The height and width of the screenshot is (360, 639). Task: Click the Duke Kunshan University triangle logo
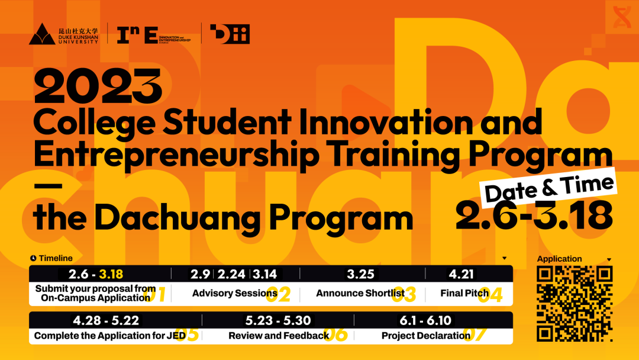42,35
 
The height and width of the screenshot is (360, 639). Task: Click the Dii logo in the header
230,34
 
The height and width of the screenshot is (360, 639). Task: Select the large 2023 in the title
98,86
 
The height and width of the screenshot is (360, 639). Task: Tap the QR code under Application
574,304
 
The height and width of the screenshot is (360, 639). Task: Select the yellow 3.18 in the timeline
111,274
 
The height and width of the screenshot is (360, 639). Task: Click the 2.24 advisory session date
231,274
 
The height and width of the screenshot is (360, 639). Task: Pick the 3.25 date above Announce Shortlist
360,274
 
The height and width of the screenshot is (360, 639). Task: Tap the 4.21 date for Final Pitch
462,274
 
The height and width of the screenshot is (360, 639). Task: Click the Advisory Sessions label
234,293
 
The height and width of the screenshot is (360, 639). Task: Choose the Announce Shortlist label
360,293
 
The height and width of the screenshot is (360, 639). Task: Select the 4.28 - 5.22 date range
106,320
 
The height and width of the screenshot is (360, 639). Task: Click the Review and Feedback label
278,336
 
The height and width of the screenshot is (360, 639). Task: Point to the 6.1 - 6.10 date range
425,320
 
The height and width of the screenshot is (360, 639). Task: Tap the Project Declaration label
425,336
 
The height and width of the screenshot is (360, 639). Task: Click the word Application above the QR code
559,259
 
